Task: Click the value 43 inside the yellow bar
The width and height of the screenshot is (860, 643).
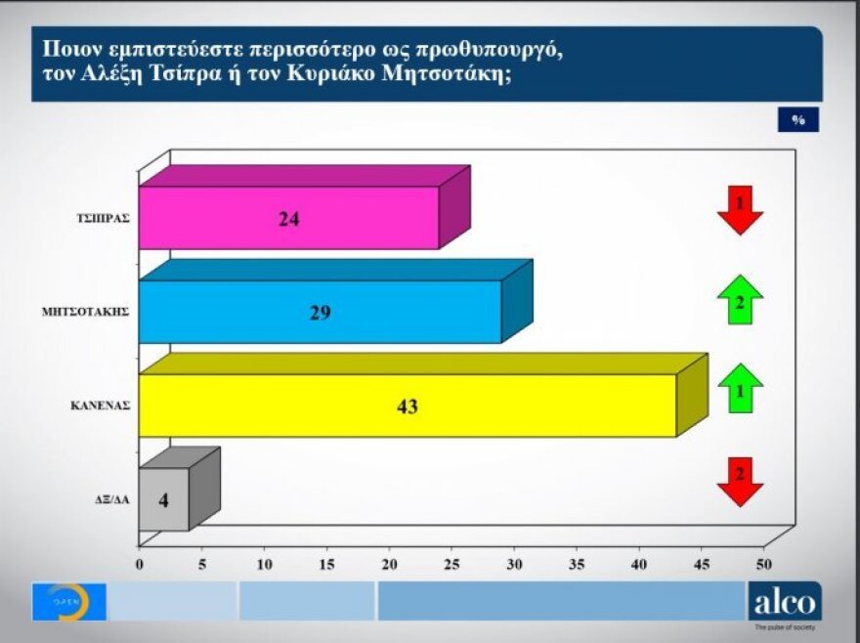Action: (x=408, y=406)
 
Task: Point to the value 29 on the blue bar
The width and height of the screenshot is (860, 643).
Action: (x=321, y=313)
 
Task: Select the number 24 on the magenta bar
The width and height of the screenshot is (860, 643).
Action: (x=288, y=219)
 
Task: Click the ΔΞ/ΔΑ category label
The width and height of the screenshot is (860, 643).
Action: (x=109, y=499)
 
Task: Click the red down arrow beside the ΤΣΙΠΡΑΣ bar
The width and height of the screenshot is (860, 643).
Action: (x=740, y=209)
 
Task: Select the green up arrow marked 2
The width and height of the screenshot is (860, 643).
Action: (x=740, y=300)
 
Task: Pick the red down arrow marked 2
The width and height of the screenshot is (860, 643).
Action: (x=740, y=481)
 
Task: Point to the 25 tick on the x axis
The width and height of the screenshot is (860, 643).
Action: (x=451, y=565)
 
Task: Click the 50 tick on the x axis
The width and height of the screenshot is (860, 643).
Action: (x=763, y=565)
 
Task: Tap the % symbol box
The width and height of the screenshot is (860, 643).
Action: (x=798, y=119)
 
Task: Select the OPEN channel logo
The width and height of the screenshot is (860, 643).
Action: (x=68, y=602)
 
